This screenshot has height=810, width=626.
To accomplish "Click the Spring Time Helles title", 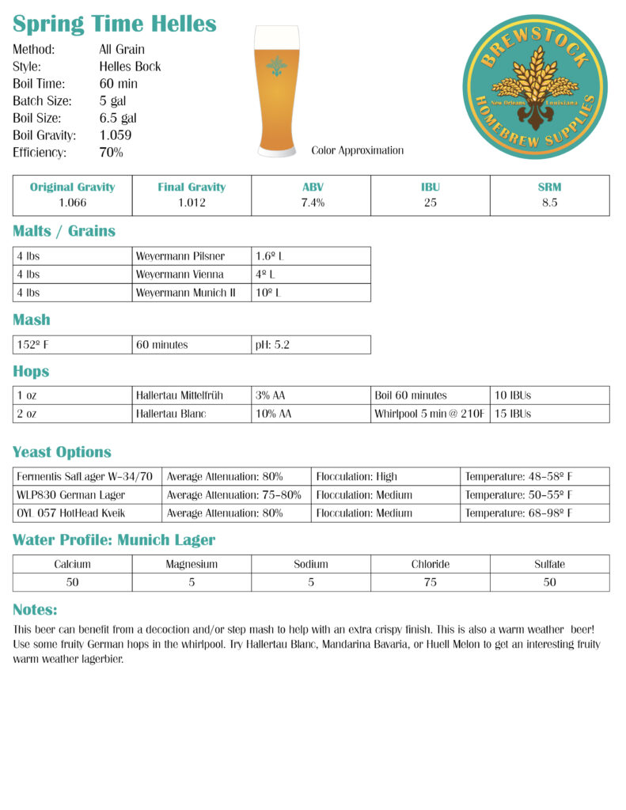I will tap(115, 24).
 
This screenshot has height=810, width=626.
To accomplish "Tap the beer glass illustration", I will tap(277, 91).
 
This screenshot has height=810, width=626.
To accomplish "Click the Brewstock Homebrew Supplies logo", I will tap(534, 87).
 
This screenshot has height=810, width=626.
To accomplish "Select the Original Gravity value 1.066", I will tap(73, 202).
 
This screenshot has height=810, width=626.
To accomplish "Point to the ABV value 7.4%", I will tap(311, 202).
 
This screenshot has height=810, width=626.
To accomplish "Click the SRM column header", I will tap(549, 187).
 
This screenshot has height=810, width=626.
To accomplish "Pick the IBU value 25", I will tap(431, 202).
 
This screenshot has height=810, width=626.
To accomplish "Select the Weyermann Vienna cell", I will tap(180, 274).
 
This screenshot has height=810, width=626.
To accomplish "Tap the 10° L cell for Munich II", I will tap(268, 293).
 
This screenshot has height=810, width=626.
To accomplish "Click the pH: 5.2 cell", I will tap(274, 345).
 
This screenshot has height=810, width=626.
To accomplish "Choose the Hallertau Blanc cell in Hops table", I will tap(170, 414).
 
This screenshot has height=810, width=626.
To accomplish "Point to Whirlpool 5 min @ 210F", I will tap(429, 414).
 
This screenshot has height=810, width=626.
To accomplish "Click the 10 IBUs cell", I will tap(513, 396).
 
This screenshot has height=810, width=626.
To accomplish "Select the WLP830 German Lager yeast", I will tap(71, 495).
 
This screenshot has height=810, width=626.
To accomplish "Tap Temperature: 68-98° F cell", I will tap(518, 513).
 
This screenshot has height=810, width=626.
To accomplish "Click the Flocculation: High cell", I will tap(357, 477).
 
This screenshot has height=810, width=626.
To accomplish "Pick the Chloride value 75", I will tap(431, 582).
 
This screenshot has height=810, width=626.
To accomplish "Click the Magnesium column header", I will tap(192, 565).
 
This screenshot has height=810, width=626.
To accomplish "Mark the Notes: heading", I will tap(35, 610).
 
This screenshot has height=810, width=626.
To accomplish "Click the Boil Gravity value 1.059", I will tap(116, 135).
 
